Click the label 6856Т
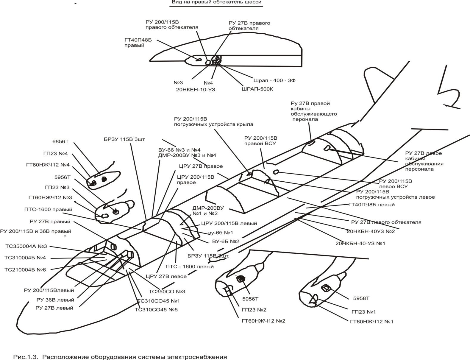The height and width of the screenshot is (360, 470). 60,142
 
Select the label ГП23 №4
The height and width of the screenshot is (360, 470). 55,154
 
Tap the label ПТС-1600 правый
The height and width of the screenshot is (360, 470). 48,209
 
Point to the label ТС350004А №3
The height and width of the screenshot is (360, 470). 26,246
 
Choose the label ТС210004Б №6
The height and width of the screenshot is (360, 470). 25,269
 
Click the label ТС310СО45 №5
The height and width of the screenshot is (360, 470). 156,309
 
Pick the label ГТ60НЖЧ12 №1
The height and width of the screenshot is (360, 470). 371,322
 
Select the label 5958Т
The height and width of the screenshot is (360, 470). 361,298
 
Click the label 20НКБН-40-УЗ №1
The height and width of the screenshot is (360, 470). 360,243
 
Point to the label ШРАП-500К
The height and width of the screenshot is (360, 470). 257,89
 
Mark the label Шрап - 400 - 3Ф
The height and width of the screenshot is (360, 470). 274,80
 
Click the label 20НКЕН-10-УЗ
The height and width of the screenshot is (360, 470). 196,89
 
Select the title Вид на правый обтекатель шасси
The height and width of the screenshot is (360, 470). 216,2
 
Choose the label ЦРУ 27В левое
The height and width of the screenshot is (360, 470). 166,276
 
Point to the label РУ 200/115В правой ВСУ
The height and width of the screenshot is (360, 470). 260,141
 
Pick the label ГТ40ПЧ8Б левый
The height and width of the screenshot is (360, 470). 371,205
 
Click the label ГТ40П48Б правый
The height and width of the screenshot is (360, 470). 138,43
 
